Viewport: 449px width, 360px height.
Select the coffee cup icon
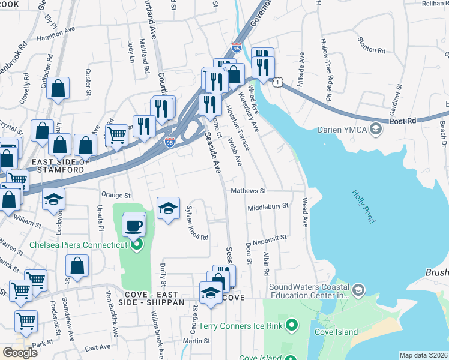tap(134, 226)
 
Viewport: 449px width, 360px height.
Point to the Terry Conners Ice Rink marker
tap(292, 326)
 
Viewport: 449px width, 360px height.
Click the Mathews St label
tap(248, 191)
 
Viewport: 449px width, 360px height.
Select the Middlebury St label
tap(268, 206)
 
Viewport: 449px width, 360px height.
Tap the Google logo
tap(20, 352)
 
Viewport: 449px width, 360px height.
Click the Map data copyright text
tap(423, 355)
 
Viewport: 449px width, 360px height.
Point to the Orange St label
tap(116, 195)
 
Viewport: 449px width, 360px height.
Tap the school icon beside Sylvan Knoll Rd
tap(168, 209)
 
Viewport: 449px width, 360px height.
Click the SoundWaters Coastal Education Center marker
tap(358, 290)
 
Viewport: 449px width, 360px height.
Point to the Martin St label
tap(196, 341)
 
